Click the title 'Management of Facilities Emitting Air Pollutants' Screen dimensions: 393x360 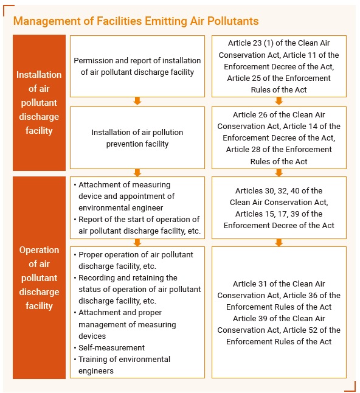[136, 21]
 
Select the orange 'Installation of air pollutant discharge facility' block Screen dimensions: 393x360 [39, 102]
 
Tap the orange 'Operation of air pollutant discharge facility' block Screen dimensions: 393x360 [39, 277]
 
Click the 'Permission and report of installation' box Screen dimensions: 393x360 [137, 66]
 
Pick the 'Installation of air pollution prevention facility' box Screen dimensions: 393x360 [137, 138]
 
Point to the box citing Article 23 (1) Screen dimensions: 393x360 [279, 66]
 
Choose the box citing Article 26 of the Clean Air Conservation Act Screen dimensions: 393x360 [279, 138]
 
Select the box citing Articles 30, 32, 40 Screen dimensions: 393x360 [279, 208]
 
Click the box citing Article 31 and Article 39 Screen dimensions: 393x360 [279, 313]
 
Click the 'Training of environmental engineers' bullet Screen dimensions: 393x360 [124, 365]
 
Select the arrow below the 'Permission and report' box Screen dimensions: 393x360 [137, 102]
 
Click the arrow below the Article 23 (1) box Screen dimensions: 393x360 [279, 102]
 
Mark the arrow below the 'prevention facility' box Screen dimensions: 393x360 [137, 173]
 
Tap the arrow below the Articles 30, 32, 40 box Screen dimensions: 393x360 [279, 242]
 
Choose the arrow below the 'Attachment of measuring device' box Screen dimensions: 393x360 [137, 242]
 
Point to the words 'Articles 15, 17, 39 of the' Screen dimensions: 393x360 [279, 214]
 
